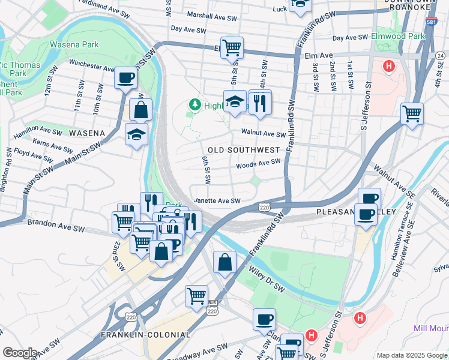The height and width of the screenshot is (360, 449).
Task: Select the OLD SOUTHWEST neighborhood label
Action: (244, 149)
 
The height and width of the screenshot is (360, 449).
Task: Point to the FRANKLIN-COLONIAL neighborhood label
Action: (145, 335)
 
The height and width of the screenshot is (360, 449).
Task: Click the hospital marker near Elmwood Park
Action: (389, 66)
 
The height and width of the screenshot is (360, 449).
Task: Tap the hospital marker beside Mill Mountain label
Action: (360, 317)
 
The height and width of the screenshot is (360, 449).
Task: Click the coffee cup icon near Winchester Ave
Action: (126, 78)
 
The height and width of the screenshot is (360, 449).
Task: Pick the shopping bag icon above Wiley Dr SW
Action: (224, 262)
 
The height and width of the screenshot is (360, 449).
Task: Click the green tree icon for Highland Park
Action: (194, 105)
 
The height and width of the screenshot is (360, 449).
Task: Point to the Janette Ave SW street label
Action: (217, 201)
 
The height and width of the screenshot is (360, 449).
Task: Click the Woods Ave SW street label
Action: (258, 162)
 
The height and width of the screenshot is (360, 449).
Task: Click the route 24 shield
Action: (440, 56)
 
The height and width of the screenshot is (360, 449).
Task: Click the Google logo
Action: (19, 353)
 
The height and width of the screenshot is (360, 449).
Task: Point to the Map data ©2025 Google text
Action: (411, 355)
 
